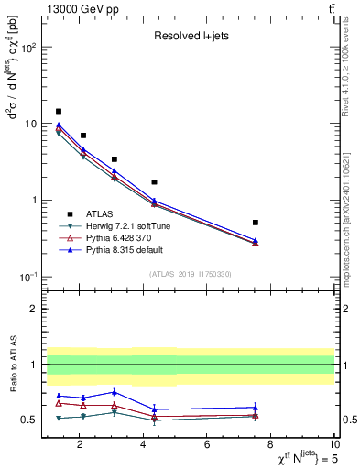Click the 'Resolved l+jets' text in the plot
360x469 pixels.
pos(191,37)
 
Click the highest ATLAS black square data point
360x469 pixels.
pos(59,111)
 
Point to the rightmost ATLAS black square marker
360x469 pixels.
pos(256,223)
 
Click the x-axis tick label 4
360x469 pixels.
pos(143,445)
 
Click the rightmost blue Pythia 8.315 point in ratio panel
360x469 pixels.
pos(256,408)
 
